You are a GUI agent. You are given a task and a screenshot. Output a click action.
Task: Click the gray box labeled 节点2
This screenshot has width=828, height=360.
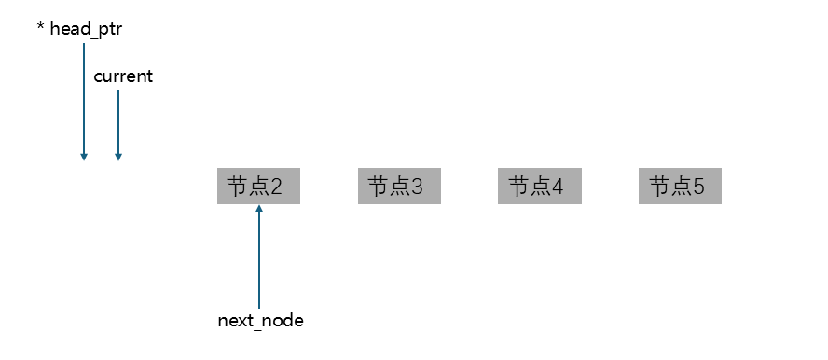[258, 187]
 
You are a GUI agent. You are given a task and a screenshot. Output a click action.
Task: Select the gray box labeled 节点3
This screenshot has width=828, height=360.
[399, 187]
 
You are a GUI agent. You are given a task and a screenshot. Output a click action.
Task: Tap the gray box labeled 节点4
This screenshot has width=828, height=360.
[539, 187]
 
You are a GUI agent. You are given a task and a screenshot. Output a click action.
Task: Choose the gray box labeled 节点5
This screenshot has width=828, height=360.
[680, 187]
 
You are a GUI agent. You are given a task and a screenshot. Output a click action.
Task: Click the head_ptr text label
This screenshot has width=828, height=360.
[86, 30]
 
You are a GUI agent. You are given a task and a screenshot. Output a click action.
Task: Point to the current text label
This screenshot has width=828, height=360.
[123, 76]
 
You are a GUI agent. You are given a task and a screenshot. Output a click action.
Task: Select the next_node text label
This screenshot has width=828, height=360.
[260, 321]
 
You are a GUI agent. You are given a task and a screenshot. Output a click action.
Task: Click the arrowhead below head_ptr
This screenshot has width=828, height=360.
[84, 157]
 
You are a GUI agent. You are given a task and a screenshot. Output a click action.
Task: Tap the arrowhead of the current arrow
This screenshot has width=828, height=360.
[118, 157]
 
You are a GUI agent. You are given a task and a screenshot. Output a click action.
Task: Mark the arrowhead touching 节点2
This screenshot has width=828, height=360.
[259, 208]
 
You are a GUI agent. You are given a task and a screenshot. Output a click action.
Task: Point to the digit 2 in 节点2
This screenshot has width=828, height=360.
[276, 187]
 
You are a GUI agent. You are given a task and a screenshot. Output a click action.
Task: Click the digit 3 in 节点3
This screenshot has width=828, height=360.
[417, 187]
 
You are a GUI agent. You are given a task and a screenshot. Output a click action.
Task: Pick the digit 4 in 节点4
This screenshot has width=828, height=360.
[558, 187]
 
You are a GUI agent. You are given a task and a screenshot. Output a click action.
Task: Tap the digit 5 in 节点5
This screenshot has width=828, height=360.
[698, 187]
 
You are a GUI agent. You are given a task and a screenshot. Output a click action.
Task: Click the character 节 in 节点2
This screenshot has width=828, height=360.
[238, 187]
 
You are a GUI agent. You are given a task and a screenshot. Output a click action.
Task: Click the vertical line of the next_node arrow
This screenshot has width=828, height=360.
[259, 261]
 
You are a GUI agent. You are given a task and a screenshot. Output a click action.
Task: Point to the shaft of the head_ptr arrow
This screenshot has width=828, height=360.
[84, 93]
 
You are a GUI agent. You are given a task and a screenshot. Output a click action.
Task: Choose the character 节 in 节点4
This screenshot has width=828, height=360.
[518, 187]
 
